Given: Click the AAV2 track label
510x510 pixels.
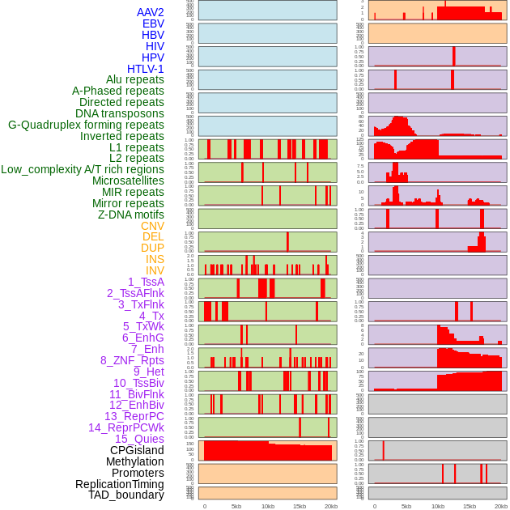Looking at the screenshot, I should coord(151,12).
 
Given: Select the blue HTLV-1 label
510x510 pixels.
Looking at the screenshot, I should coord(146,69).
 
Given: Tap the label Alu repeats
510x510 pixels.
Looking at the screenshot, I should coord(135,79).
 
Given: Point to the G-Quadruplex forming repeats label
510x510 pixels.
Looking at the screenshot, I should coord(86,125).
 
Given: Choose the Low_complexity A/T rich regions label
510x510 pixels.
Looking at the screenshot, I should coord(83,169).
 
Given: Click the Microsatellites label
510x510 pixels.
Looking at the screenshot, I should coord(128,181).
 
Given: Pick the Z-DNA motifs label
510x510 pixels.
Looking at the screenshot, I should coord(131,215).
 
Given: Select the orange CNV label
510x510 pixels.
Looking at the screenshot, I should coord(152,226).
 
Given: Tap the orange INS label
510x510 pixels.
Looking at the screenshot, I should coord(155,259).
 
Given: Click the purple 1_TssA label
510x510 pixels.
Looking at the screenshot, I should coord(146,282).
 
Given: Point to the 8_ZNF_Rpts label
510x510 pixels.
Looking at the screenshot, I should coord(132,360).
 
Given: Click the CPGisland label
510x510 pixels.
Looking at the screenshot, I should coord(137,450).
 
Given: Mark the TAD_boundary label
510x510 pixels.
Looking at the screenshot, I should coord(126,495).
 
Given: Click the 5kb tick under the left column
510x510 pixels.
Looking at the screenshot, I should coord(236,506).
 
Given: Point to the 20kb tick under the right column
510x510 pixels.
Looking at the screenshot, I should coord(501,506).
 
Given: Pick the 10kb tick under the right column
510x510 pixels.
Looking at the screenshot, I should coord(437,506).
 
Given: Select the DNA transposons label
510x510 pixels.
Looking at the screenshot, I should coord(120,113).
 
